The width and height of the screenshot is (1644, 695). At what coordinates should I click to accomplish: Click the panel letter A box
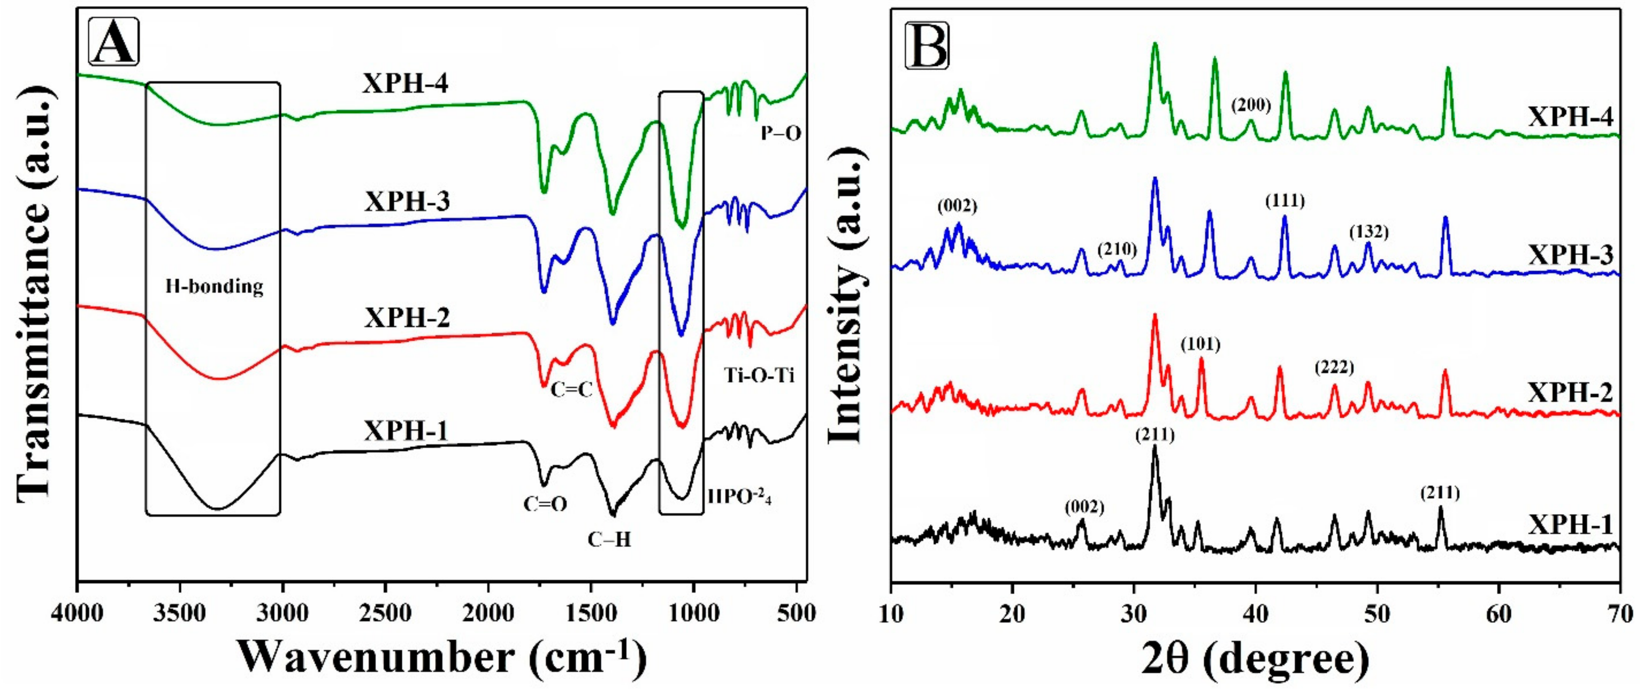(113, 41)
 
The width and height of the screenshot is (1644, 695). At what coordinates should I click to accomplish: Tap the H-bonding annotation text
(215, 286)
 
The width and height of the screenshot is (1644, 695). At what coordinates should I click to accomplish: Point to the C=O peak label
(545, 504)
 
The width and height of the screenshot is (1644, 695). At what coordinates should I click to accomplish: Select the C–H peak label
(609, 540)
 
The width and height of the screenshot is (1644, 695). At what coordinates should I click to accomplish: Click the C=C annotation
(572, 389)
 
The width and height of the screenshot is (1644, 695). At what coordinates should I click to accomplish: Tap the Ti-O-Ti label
(759, 375)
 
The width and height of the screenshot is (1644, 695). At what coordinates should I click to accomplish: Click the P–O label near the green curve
(780, 133)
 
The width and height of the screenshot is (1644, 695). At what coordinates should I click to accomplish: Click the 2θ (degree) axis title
(1254, 660)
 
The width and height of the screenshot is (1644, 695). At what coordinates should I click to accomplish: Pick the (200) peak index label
(1251, 105)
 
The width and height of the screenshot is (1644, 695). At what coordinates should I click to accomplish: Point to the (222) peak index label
(1334, 368)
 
